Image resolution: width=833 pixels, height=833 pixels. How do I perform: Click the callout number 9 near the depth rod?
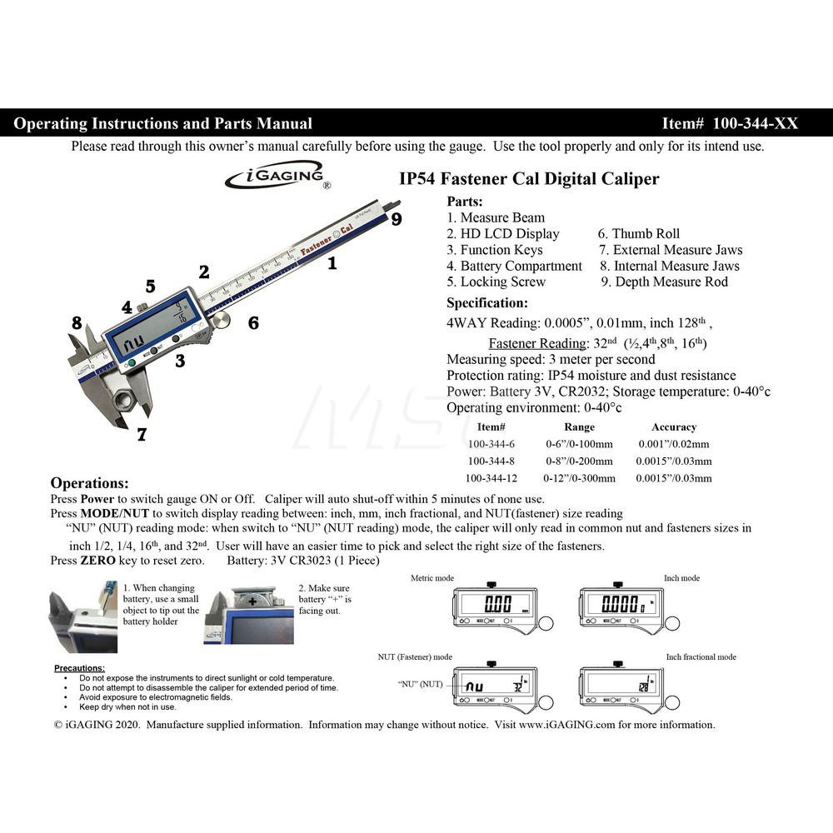tap(397, 219)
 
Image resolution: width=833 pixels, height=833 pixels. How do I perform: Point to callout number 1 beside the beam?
tap(332, 264)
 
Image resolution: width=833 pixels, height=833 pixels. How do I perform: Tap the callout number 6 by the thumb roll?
tap(253, 323)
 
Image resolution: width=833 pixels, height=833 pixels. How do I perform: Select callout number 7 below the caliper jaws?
tap(142, 434)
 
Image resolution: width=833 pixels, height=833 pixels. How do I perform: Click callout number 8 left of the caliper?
tap(77, 323)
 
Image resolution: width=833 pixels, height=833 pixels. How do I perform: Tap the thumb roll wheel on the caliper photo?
tap(221, 320)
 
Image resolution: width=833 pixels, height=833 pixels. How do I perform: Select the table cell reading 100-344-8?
tap(493, 461)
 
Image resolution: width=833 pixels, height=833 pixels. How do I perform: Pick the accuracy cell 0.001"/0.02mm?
tap(674, 444)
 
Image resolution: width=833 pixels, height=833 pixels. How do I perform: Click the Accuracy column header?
tap(673, 427)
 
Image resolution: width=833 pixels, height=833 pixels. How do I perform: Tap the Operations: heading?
tap(90, 483)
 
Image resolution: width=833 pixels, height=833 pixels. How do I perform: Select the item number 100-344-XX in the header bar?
tap(730, 123)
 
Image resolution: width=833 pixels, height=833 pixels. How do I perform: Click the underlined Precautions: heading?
tap(80, 668)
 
